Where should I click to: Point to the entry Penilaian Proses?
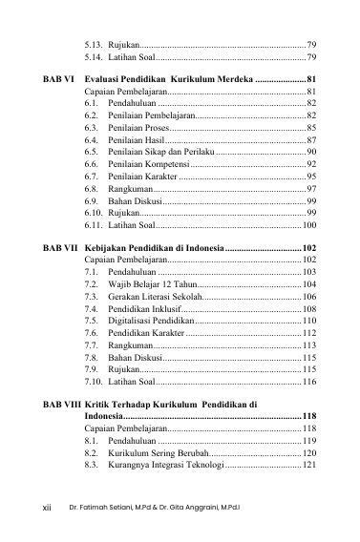pos(138,126)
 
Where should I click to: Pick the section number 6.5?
pos(92,151)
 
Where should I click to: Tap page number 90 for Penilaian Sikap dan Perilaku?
pos(311,151)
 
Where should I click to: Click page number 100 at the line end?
pos(308,225)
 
